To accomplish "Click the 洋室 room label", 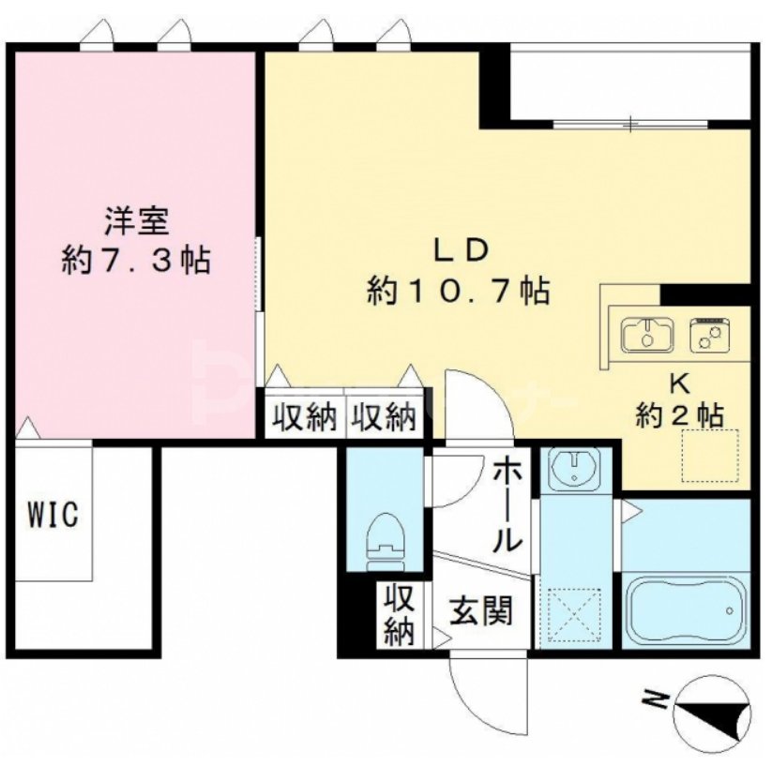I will point(135,222).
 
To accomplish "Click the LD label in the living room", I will point(457,250).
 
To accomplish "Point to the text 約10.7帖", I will point(457,292).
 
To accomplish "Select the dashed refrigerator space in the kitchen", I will point(709,457).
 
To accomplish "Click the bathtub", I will point(685,611).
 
